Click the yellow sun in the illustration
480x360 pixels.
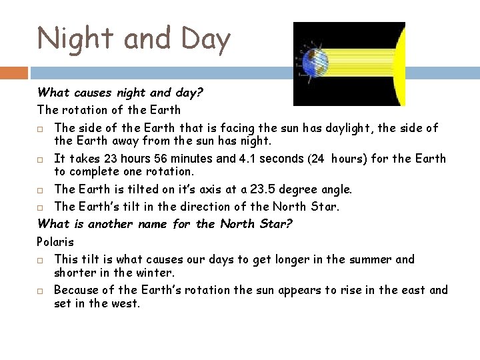click(x=399, y=65)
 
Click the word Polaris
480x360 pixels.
click(x=56, y=241)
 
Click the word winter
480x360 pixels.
click(x=157, y=273)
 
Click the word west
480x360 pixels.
click(x=127, y=304)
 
